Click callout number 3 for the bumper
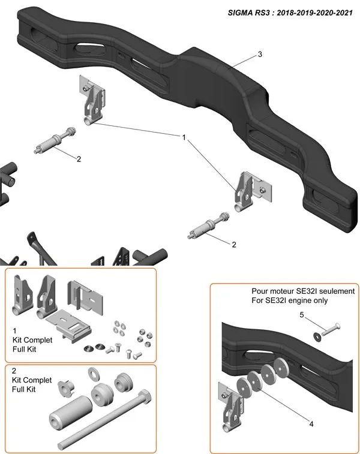[259, 55]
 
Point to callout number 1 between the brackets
[184, 137]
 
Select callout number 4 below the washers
[311, 423]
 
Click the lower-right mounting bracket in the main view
[251, 190]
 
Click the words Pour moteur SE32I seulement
[303, 291]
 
